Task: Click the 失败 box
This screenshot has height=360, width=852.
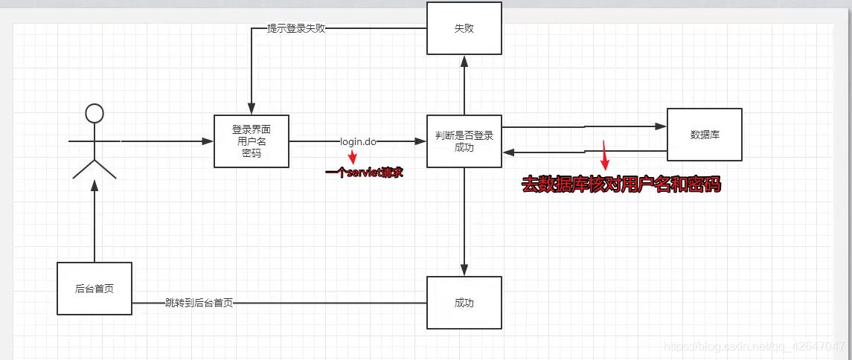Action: tap(464, 28)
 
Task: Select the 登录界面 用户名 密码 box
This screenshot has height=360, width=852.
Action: tap(251, 141)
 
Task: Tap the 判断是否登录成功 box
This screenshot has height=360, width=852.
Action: tap(464, 141)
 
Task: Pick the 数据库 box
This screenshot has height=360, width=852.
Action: tap(704, 135)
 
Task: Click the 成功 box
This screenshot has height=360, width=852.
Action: tap(464, 303)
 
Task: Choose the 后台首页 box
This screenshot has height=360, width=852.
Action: tap(95, 288)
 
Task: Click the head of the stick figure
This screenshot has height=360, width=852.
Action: tap(95, 113)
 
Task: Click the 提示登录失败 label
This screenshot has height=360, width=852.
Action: tap(296, 29)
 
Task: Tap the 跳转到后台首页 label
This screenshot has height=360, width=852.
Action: tap(199, 303)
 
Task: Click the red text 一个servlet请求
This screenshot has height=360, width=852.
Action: tap(364, 173)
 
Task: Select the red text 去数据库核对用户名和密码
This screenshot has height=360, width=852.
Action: tap(621, 185)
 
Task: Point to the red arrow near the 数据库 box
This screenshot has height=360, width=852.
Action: tap(605, 156)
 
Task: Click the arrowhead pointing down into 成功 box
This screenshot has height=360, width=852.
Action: tap(464, 270)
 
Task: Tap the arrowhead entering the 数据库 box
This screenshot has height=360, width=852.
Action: tap(661, 126)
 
